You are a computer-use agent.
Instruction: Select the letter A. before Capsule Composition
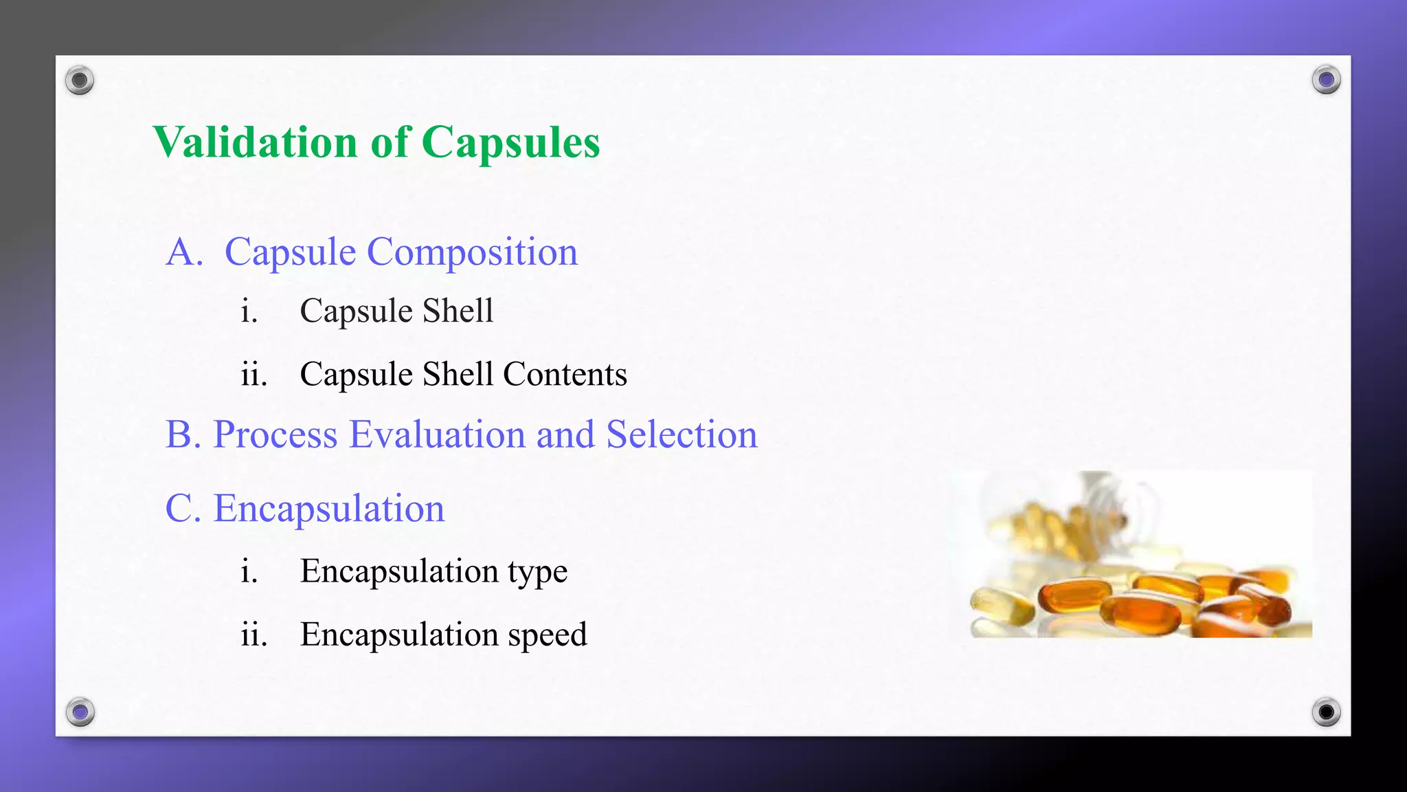coord(184,252)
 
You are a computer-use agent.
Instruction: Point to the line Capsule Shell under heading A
coord(396,311)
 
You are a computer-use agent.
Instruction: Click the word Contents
coord(565,374)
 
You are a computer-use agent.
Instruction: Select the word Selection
coord(682,434)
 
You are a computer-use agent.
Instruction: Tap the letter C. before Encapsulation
coord(183,509)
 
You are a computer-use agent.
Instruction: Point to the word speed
coord(547,635)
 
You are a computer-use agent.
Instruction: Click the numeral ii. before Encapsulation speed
coord(254,634)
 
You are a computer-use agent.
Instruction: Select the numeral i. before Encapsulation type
coord(249,571)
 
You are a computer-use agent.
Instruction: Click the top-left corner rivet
coord(80,80)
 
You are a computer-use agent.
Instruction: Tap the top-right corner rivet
coord(1326,80)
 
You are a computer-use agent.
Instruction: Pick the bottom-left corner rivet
coord(80,712)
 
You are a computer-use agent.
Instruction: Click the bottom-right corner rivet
coord(1326,712)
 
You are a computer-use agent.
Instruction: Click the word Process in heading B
coord(275,434)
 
